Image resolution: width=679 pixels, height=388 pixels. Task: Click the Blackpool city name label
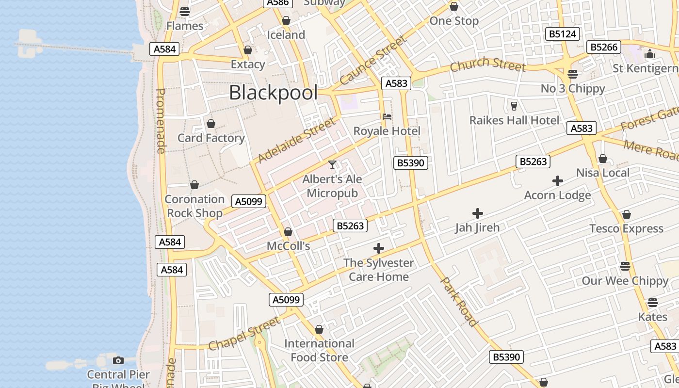click(273, 92)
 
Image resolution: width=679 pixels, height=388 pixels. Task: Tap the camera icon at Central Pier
click(118, 360)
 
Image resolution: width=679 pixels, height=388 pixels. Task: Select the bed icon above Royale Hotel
click(387, 117)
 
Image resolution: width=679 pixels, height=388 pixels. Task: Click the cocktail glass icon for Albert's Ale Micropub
click(332, 165)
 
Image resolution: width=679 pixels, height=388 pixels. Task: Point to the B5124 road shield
click(563, 34)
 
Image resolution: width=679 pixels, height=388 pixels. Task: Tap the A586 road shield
click(278, 2)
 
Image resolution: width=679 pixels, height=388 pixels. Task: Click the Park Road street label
click(459, 301)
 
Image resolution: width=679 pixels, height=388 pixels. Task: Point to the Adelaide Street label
click(296, 140)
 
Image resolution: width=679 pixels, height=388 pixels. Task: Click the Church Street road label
click(487, 64)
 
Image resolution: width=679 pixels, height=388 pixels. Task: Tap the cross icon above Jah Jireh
click(478, 213)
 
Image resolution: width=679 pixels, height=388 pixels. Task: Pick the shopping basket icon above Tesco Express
click(626, 214)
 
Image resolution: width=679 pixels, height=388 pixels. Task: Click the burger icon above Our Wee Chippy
click(625, 266)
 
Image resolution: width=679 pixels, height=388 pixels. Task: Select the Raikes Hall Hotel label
click(514, 120)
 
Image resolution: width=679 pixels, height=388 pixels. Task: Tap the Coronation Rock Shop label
click(194, 206)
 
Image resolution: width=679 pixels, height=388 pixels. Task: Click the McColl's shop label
click(288, 246)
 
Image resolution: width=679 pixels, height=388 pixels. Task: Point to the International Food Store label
click(319, 350)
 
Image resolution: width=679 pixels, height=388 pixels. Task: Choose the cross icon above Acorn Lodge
click(558, 181)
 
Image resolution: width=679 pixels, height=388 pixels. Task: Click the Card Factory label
click(211, 138)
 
